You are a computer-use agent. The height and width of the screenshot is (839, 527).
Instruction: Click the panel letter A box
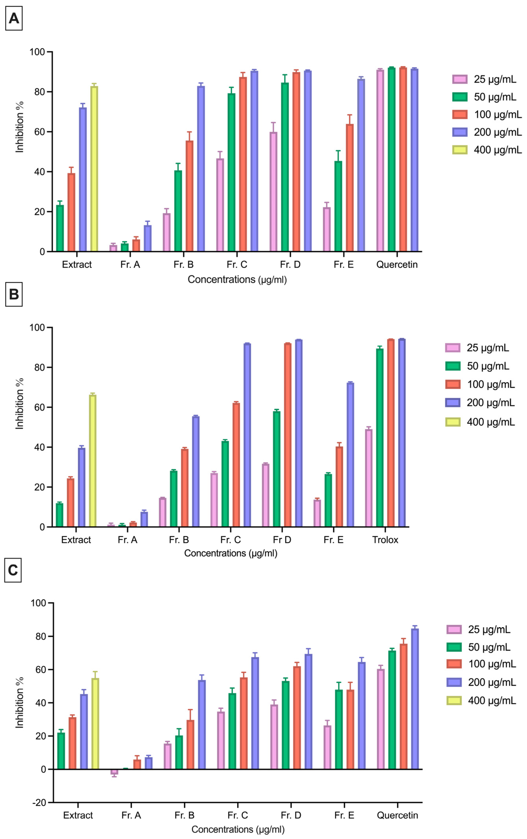[x=14, y=19]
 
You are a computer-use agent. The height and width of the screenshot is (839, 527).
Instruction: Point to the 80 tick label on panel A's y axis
[x=39, y=92]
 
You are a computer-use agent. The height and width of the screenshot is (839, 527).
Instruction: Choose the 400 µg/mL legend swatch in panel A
[x=460, y=150]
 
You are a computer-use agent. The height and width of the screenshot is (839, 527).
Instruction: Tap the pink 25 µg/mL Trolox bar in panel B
[x=369, y=478]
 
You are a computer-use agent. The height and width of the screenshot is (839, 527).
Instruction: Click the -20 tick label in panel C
[x=39, y=803]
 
